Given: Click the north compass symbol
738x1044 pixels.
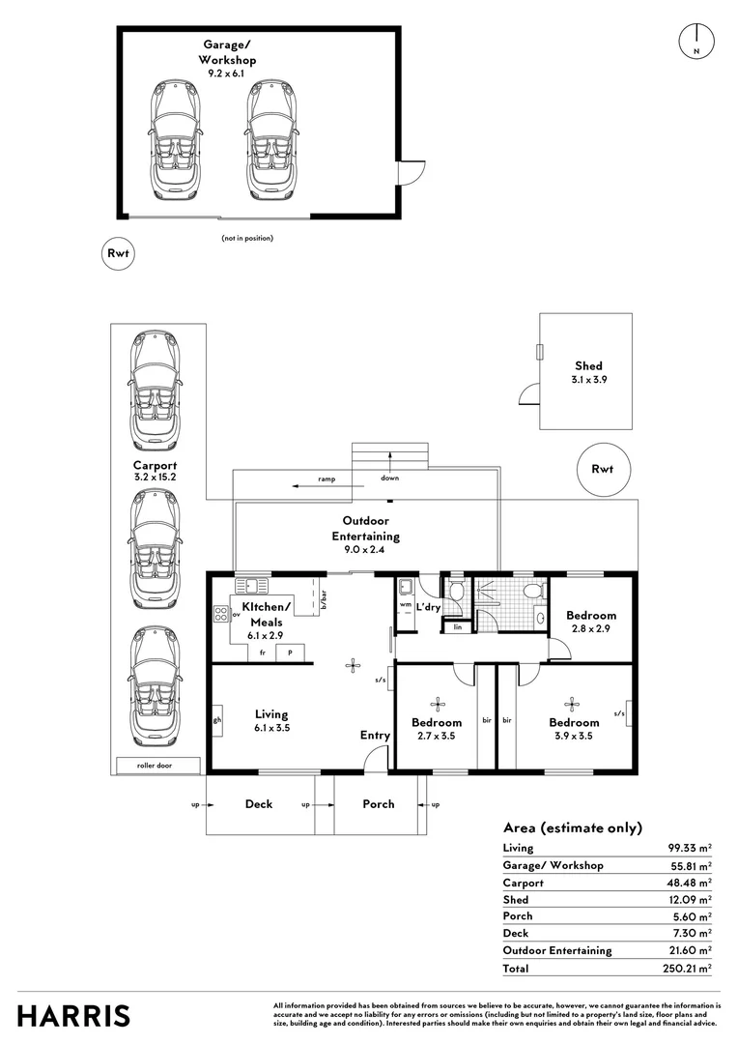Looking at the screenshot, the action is pos(696,42).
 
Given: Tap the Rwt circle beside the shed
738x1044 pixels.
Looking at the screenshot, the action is pos(602,469).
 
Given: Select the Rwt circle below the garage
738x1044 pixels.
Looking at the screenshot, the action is pos(118,253).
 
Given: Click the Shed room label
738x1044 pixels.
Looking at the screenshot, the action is pos(589,365).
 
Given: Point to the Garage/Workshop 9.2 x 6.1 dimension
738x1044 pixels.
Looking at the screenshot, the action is pos(226,73).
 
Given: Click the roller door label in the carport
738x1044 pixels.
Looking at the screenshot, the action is pos(155,766).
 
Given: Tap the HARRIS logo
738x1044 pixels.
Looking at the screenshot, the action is pos(73,1016).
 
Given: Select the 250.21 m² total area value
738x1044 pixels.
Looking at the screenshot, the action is pos(687,968).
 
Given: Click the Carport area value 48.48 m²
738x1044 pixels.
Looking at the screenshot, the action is pos(690,883).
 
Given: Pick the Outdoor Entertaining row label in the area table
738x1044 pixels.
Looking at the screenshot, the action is pos(557,950).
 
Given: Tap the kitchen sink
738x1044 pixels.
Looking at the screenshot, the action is pos(252,586).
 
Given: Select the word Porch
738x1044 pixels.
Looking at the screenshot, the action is pos(378,803).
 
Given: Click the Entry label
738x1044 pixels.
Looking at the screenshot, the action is pos(375,735).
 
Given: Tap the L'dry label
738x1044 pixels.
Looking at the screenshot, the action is pos(429,607).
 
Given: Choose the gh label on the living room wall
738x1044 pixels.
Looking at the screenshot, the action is pos(217,720).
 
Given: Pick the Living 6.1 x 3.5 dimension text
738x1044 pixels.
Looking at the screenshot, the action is pos(271,728).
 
